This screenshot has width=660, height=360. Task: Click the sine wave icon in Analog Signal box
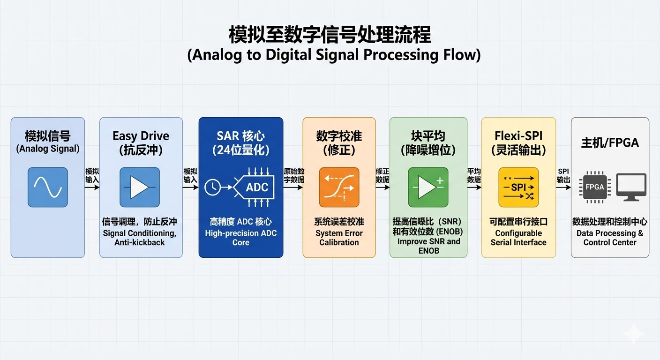pyautogui.click(x=48, y=187)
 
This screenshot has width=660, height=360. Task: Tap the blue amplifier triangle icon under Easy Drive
pyautogui.click(x=140, y=187)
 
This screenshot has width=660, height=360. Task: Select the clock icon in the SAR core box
pyautogui.click(x=213, y=187)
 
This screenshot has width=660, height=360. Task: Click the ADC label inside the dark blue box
pyautogui.click(x=257, y=187)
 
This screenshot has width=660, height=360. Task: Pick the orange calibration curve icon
pyautogui.click(x=339, y=187)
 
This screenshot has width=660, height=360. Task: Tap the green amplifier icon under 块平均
pyautogui.click(x=428, y=187)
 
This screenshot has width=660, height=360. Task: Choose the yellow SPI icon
pyautogui.click(x=518, y=187)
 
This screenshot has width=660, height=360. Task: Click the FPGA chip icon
pyautogui.click(x=595, y=187)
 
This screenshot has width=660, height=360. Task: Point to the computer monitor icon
pyautogui.click(x=631, y=187)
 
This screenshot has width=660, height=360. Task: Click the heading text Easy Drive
pyautogui.click(x=141, y=136)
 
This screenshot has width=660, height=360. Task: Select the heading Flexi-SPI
pyautogui.click(x=518, y=136)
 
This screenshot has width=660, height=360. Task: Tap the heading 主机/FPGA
pyautogui.click(x=610, y=142)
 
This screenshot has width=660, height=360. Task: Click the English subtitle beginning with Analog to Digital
pyautogui.click(x=334, y=55)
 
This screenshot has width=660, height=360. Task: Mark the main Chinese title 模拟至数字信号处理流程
pyautogui.click(x=330, y=34)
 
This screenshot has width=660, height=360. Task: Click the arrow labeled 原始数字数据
pyautogui.click(x=293, y=187)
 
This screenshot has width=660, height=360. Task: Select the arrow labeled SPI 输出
pyautogui.click(x=563, y=187)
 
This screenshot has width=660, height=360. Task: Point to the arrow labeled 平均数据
pyautogui.click(x=474, y=187)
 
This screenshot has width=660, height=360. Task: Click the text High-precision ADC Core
pyautogui.click(x=241, y=238)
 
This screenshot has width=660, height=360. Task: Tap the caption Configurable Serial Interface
pyautogui.click(x=518, y=238)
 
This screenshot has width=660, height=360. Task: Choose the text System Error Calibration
pyautogui.click(x=339, y=238)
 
